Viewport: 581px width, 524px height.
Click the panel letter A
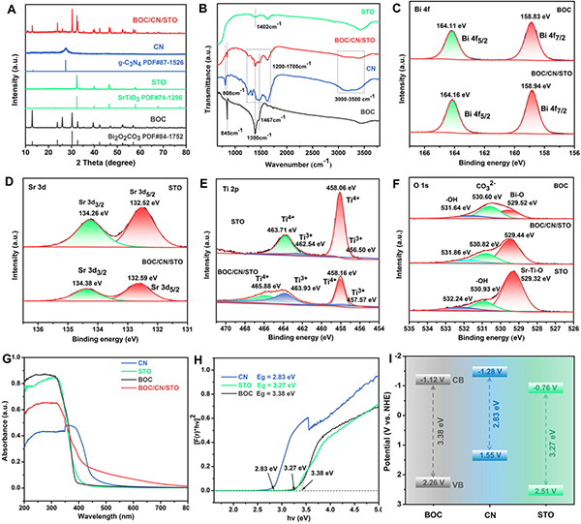click(9, 7)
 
